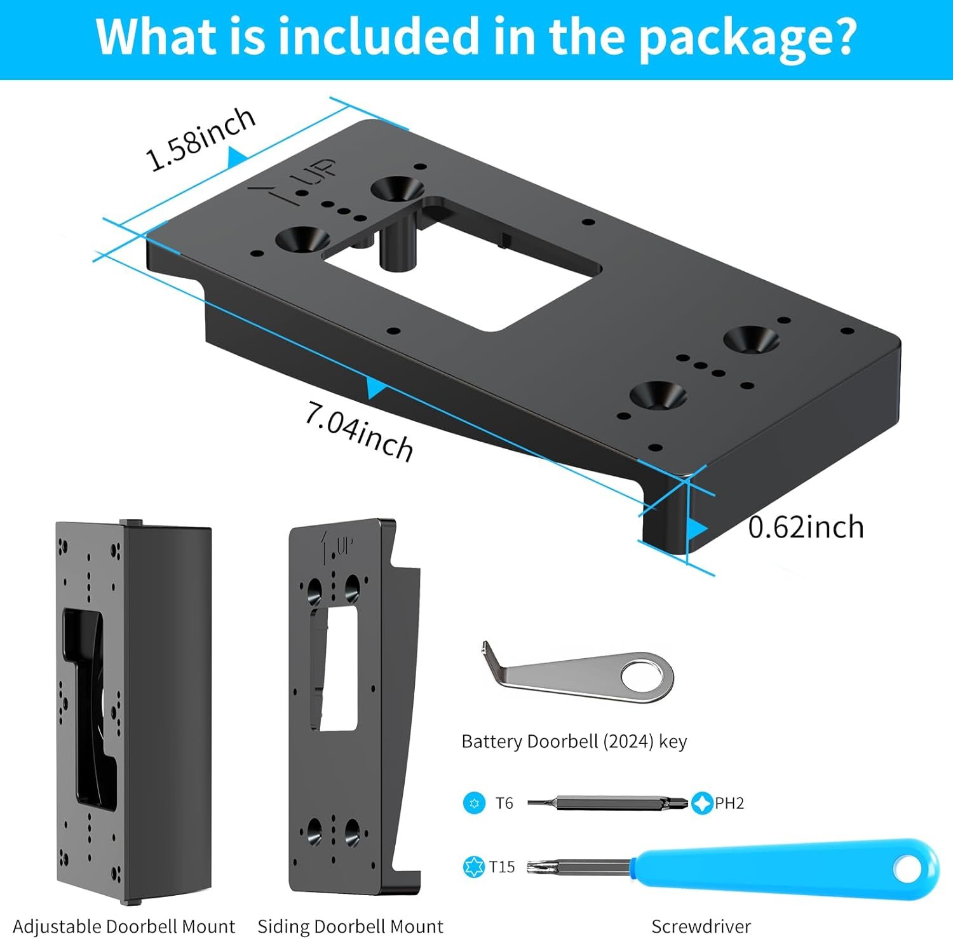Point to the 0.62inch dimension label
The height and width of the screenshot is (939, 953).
click(806, 527)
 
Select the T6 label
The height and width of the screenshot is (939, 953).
click(504, 803)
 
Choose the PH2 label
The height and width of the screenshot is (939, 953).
click(729, 803)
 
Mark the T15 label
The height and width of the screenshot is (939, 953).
click(502, 867)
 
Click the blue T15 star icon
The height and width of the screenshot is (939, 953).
click(474, 867)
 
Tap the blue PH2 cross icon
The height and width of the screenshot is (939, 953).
click(701, 803)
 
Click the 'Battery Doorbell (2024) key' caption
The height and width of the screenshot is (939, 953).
click(574, 741)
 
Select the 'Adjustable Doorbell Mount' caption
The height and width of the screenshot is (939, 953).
click(124, 926)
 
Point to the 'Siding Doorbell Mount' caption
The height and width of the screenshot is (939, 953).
click(350, 926)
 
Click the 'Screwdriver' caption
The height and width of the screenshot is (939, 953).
click(701, 926)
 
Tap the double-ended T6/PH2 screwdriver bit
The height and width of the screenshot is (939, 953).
click(607, 803)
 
